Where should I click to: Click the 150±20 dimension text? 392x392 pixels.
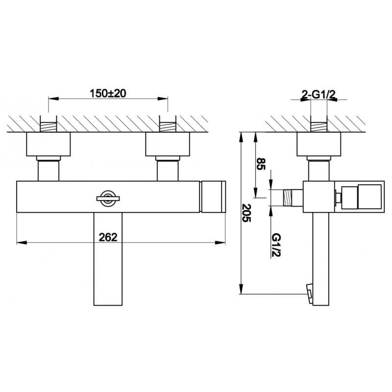pos(108,94)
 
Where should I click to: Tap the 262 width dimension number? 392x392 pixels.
pos(108,237)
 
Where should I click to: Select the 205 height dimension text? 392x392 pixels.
pos(246,213)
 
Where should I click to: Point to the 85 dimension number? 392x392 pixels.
pos(261,164)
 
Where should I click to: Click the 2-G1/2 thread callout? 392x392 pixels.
pos(318,95)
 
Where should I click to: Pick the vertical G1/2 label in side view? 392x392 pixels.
pos(276,245)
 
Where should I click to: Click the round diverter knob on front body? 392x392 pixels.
pos(108,199)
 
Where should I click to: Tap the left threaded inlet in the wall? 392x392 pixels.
pos(48,127)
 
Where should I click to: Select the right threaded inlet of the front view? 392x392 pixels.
pos(168,127)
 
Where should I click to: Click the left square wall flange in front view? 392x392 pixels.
pos(48,144)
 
